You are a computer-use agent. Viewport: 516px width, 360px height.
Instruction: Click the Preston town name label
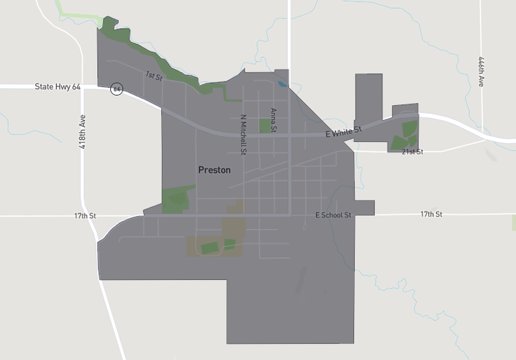click(214, 170)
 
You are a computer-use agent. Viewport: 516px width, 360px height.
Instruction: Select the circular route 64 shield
click(117, 89)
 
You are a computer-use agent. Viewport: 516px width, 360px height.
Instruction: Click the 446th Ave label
click(480, 73)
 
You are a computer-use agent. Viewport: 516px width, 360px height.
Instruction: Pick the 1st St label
click(153, 76)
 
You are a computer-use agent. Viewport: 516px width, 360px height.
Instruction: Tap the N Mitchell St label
click(243, 135)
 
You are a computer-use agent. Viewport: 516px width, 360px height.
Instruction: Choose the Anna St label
click(273, 120)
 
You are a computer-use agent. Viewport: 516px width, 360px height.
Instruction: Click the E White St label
click(343, 132)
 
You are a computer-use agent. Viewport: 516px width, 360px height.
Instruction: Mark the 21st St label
click(412, 152)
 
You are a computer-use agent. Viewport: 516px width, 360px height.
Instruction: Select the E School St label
click(333, 215)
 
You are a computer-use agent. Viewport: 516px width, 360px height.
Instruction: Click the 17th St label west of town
click(84, 215)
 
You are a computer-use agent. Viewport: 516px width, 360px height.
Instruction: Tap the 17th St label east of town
click(431, 215)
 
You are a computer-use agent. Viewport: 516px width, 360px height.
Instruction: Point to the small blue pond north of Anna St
click(281, 84)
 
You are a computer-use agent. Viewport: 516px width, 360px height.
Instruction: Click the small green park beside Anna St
click(265, 126)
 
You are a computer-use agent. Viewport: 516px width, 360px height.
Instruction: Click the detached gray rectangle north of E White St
click(368, 98)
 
